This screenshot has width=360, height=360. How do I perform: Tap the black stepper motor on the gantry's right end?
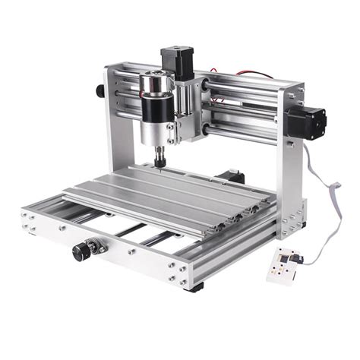[x=307, y=122]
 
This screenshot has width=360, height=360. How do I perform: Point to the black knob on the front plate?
[x=80, y=251]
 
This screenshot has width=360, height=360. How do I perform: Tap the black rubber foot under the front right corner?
[x=196, y=288]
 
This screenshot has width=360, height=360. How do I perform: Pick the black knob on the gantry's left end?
[x=99, y=90]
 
